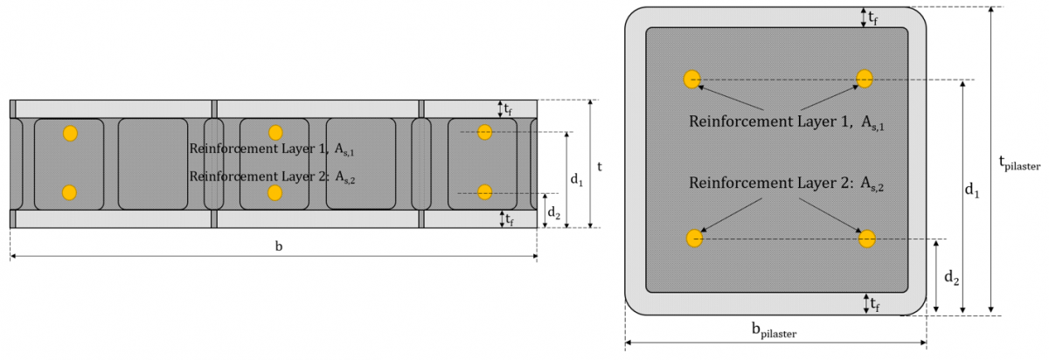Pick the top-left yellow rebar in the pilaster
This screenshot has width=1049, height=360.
(692, 79)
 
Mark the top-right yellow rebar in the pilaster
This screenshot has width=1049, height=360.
(865, 79)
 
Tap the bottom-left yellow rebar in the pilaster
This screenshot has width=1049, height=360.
(694, 238)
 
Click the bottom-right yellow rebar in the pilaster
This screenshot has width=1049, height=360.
(866, 239)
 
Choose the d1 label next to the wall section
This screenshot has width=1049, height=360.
(576, 179)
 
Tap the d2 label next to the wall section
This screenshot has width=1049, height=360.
(554, 212)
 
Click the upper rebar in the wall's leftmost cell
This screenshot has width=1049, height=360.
(70, 134)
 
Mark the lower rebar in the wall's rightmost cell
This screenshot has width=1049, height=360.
(486, 192)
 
